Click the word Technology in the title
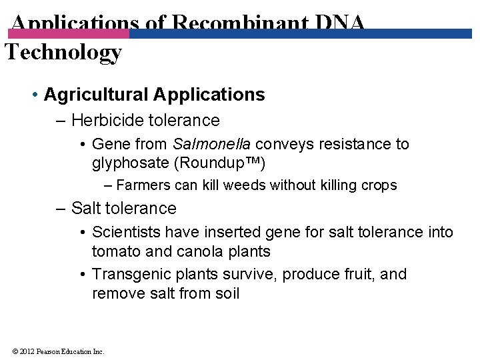63,52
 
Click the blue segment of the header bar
300,33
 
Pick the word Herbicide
102,121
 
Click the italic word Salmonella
212,144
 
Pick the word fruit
363,275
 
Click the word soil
225,293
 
